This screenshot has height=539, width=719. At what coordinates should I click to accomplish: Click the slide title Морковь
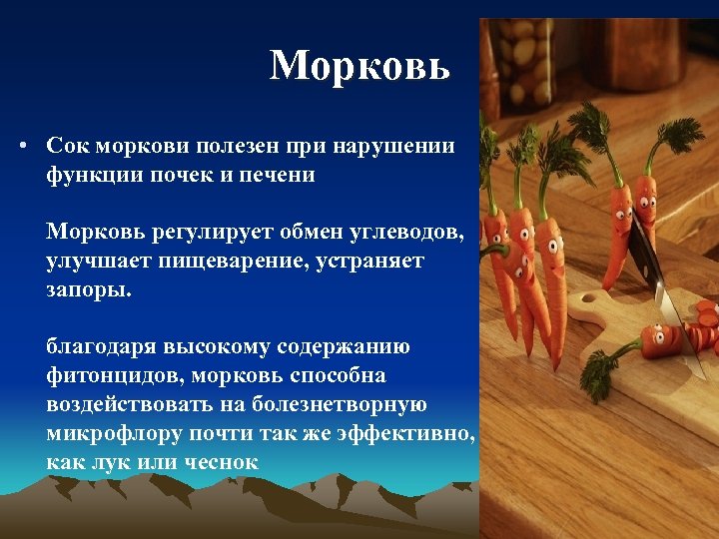[x=359, y=66]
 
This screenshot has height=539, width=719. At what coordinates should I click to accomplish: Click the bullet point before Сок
[x=21, y=147]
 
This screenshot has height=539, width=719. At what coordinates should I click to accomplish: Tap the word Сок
[x=69, y=146]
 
